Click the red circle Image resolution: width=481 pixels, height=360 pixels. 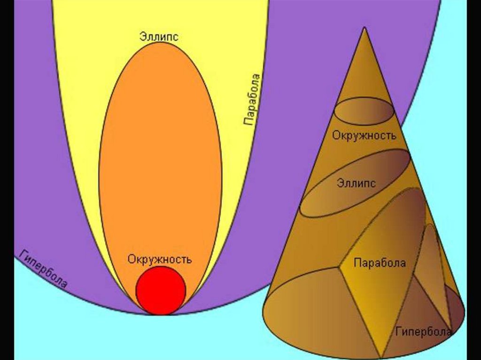point(161,290)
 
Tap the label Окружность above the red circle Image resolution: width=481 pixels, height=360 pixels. point(159,259)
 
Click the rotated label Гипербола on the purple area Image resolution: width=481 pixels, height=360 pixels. point(44,269)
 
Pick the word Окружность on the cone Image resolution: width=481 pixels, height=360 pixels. point(365,136)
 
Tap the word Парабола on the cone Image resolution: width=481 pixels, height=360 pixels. point(380,262)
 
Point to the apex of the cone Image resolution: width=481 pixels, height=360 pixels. point(365,29)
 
